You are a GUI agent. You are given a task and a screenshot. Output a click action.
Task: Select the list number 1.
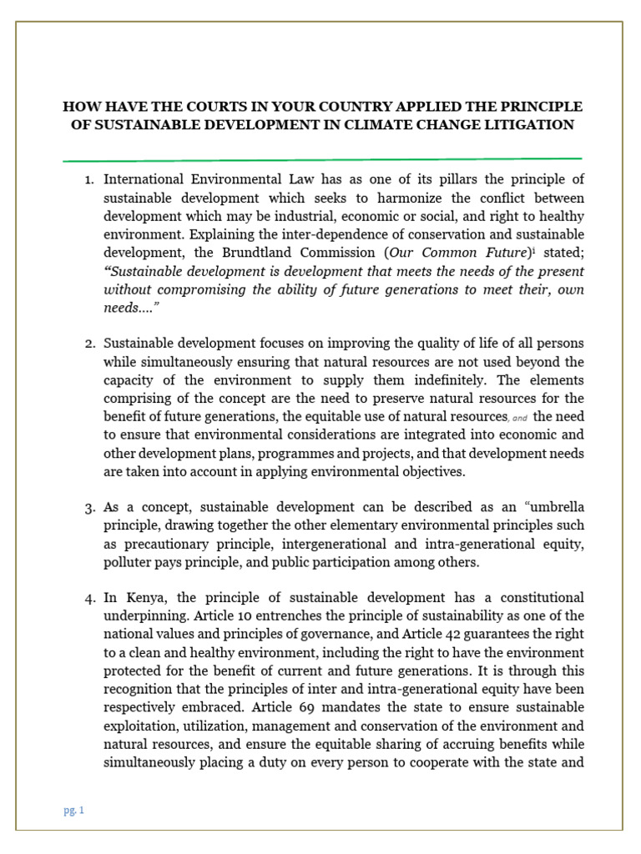[x=93, y=179]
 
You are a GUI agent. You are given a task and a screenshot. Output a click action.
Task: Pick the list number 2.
[x=93, y=344]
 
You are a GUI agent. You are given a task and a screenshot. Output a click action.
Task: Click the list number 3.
[x=93, y=508]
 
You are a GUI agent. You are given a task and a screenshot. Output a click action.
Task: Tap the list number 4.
[x=93, y=598]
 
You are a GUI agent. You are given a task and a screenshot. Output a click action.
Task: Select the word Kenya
[x=143, y=598]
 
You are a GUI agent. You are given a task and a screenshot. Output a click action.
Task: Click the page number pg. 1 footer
[x=74, y=810]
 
